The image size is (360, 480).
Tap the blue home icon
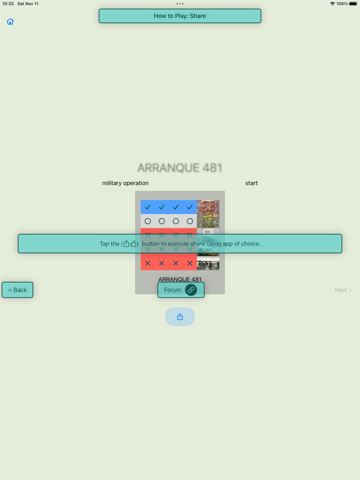click(x=10, y=21)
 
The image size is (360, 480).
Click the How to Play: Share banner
click(x=180, y=16)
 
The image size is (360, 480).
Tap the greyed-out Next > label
click(x=343, y=290)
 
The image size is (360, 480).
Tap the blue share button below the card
click(x=180, y=316)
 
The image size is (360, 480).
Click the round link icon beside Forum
click(x=191, y=289)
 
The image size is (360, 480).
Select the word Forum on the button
click(x=172, y=290)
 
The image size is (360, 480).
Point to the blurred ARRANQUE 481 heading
click(x=180, y=167)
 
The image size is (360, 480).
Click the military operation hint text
click(x=125, y=183)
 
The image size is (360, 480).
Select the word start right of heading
click(x=251, y=183)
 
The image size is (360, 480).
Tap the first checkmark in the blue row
click(x=147, y=207)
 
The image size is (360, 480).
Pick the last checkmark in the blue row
click(x=190, y=207)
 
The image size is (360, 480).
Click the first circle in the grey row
click(x=147, y=221)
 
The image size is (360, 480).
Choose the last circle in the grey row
click(x=190, y=221)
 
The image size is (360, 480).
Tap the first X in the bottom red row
click(x=147, y=263)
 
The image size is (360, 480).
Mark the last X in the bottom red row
click(x=190, y=263)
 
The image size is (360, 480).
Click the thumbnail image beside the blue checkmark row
click(x=208, y=207)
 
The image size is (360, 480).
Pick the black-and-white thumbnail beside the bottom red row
click(x=208, y=263)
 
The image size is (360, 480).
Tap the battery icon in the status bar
click(x=353, y=4)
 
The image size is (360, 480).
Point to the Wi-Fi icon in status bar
click(x=332, y=4)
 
